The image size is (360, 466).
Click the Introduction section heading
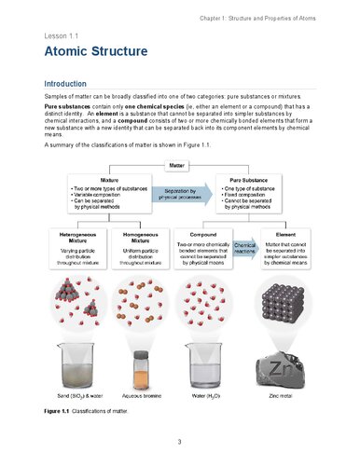click(x=72, y=84)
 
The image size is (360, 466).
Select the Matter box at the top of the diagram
click(x=179, y=166)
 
